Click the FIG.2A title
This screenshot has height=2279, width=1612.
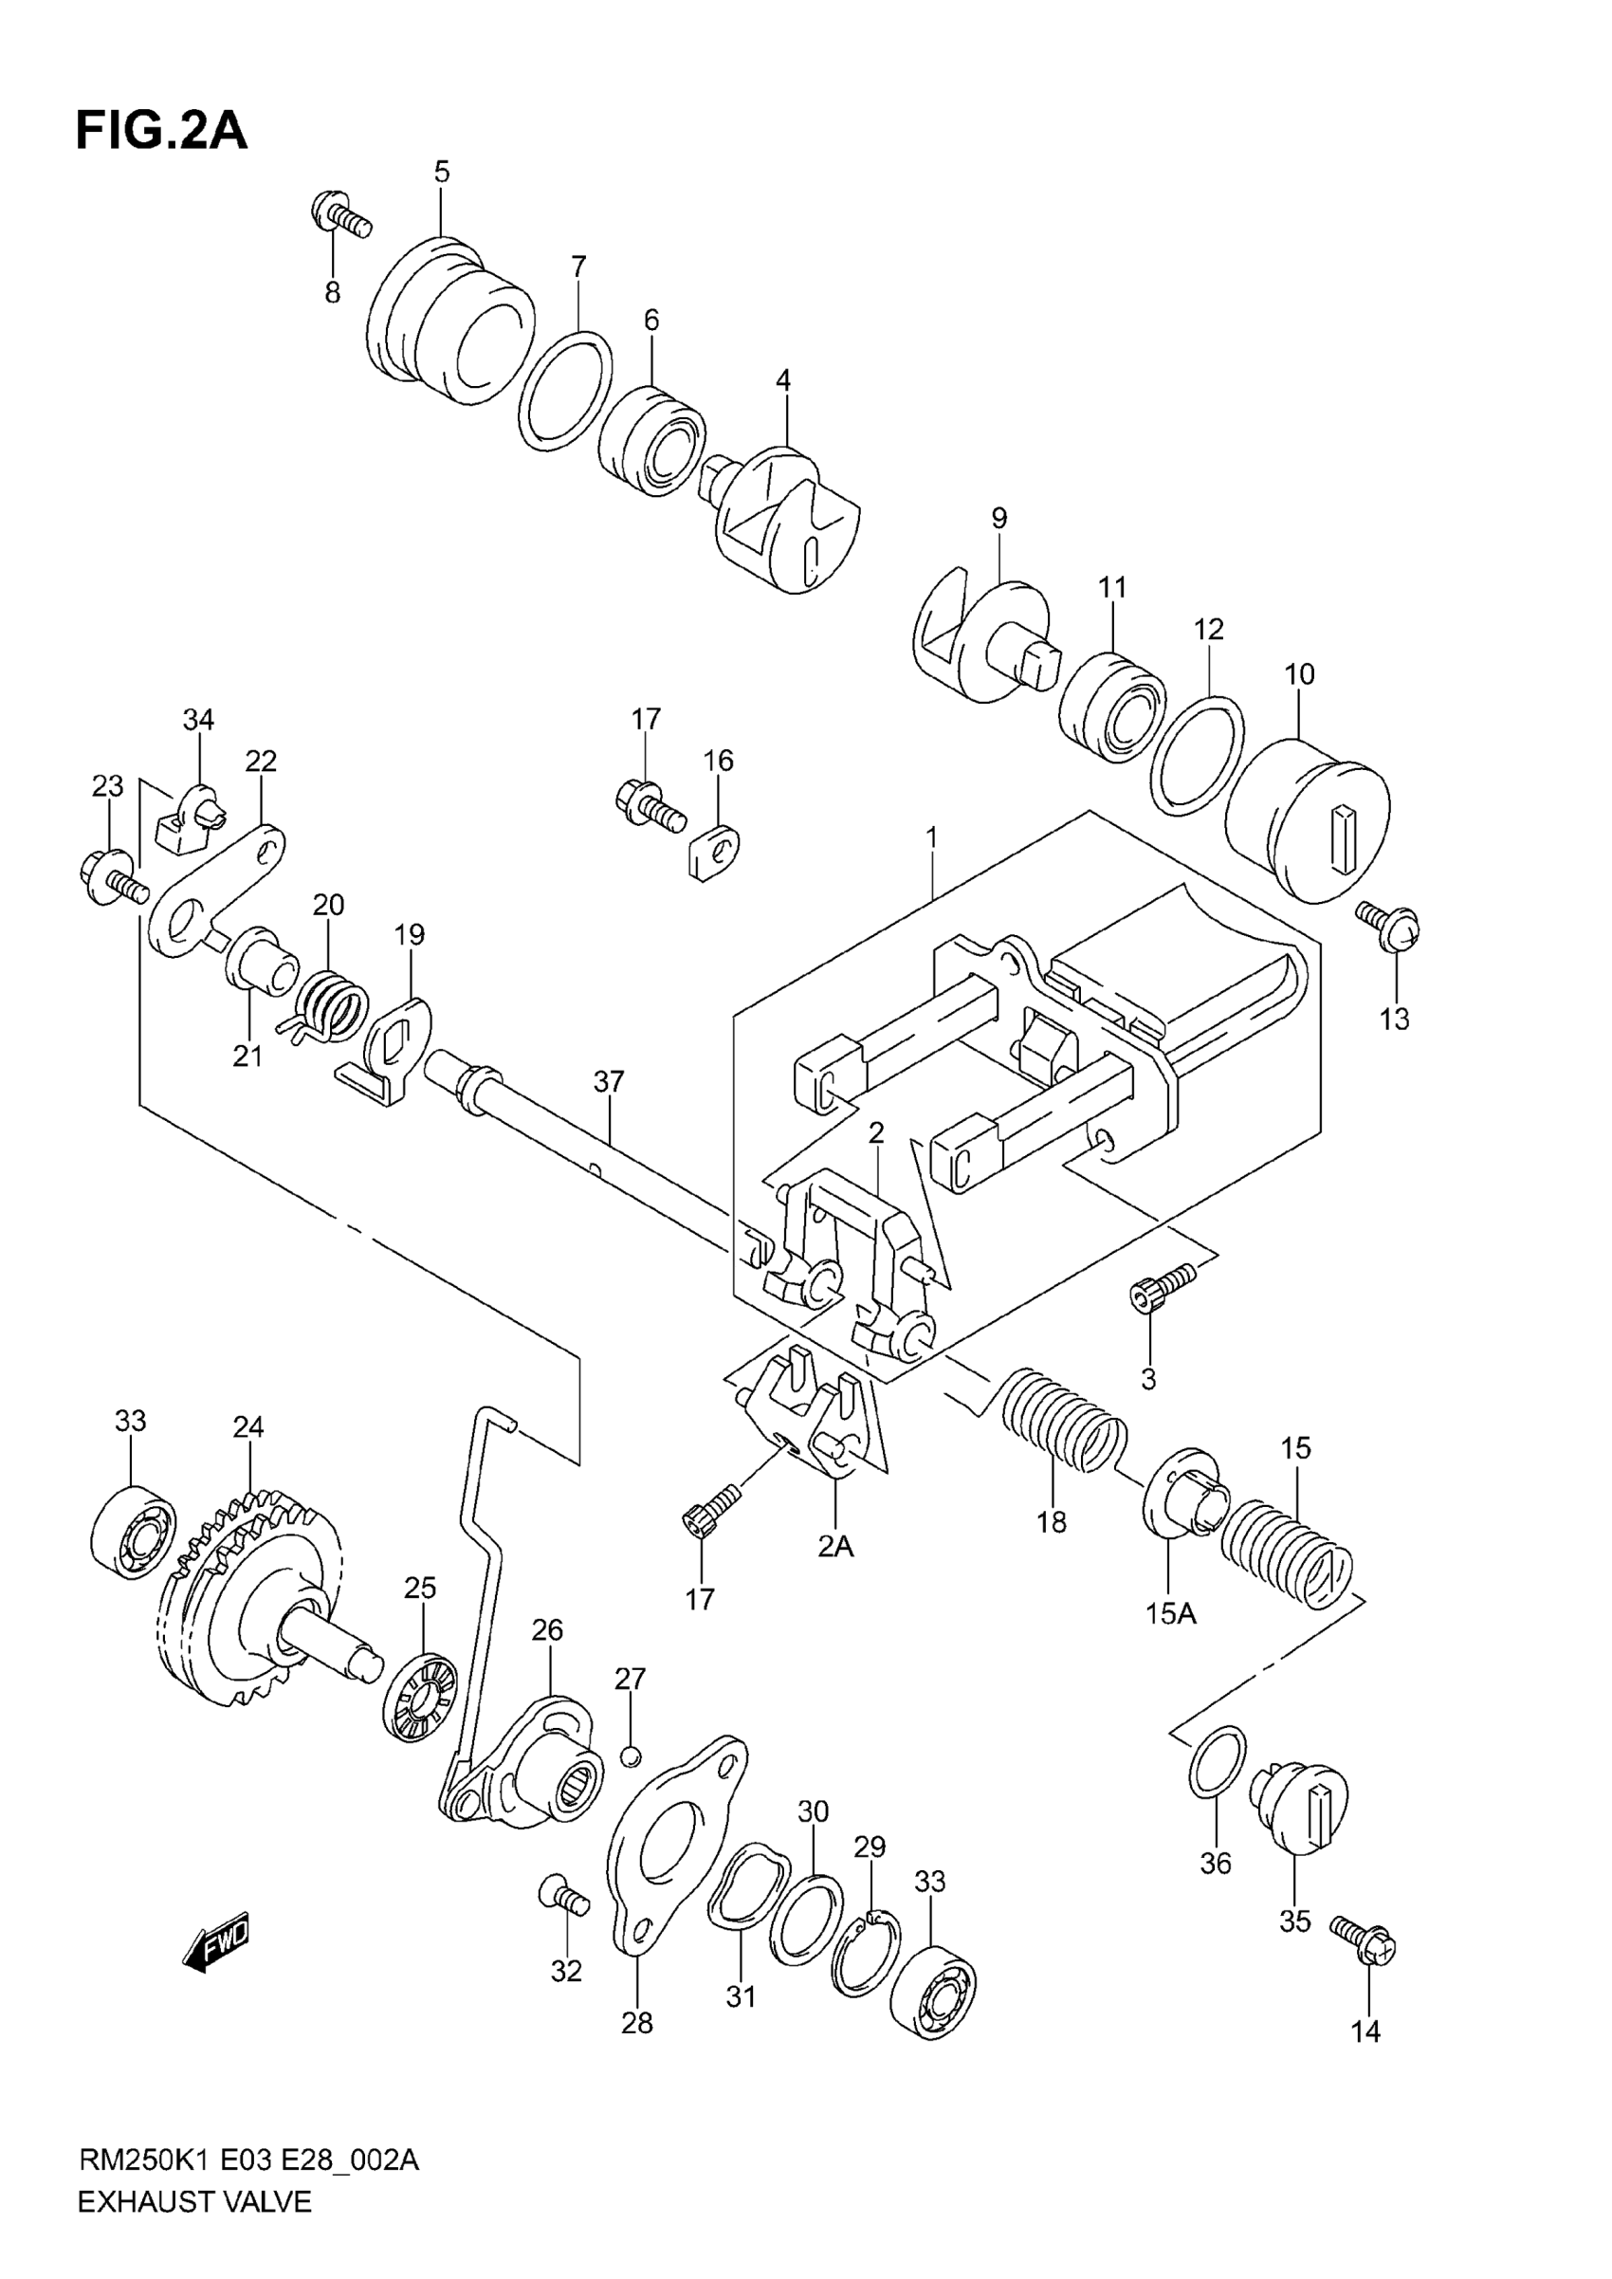pyautogui.click(x=161, y=131)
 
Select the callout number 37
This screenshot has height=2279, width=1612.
pyautogui.click(x=609, y=1081)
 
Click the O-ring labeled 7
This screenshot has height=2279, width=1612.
pyautogui.click(x=564, y=391)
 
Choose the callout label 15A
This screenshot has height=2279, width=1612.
pyautogui.click(x=1171, y=1614)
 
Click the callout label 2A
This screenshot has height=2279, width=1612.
pyautogui.click(x=834, y=1547)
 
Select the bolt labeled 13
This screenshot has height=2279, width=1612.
pyautogui.click(x=1390, y=923)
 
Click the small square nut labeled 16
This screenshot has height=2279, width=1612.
pyautogui.click(x=714, y=852)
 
